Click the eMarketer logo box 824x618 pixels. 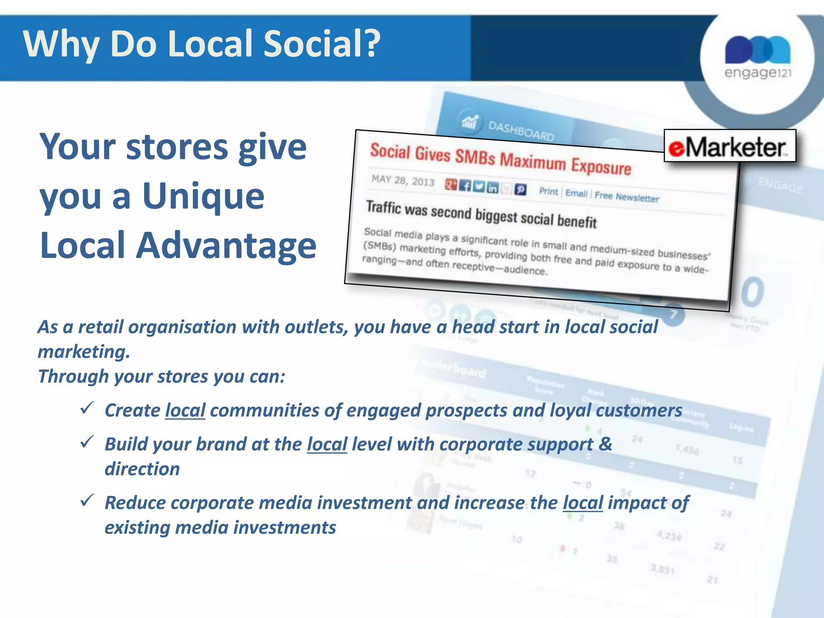click(x=729, y=146)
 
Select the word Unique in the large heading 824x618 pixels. click(x=203, y=196)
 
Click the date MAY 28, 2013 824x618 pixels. click(x=403, y=180)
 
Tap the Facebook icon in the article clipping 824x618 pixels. click(x=465, y=186)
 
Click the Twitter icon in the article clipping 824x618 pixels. click(x=479, y=187)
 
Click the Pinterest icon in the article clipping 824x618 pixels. click(x=520, y=190)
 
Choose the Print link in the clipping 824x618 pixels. click(x=549, y=192)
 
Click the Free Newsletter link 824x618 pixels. click(x=627, y=197)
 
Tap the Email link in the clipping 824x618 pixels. click(x=576, y=194)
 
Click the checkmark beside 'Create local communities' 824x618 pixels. click(x=87, y=408)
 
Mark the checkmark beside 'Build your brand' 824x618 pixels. click(x=87, y=442)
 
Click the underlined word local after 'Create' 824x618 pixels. click(x=185, y=411)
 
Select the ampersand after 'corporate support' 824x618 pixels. click(x=605, y=444)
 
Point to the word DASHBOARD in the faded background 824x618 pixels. click(x=521, y=131)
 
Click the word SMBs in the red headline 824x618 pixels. click(x=475, y=157)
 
